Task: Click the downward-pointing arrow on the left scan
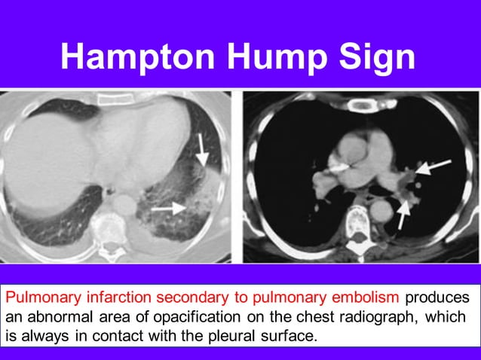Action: coord(201,149)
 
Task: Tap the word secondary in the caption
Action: coord(170,297)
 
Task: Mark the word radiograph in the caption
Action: coord(380,316)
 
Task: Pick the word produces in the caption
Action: coord(437,297)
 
